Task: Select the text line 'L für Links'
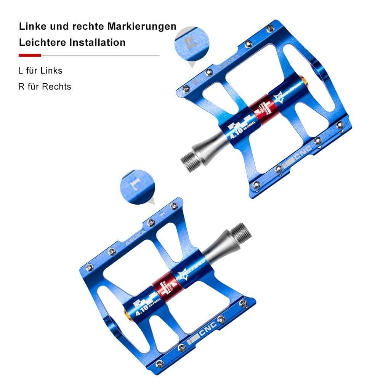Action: click(40, 71)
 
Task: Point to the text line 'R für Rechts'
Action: click(45, 87)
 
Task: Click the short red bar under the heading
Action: click(30, 55)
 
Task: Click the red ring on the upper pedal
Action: click(262, 110)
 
